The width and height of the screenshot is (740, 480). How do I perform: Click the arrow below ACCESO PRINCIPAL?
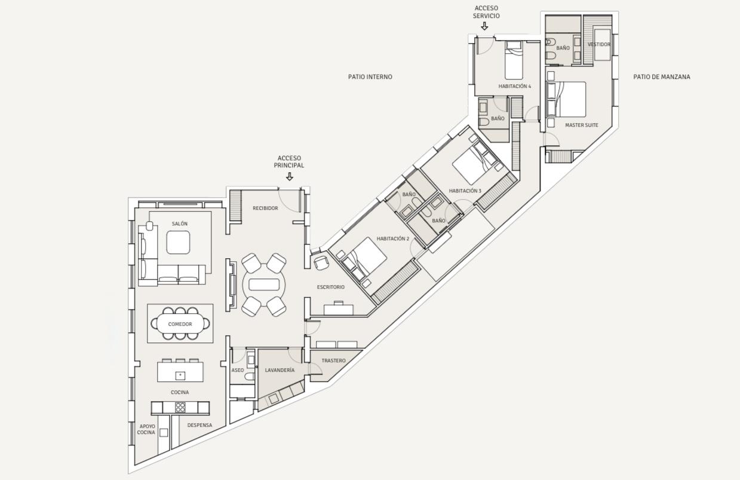point(290,176)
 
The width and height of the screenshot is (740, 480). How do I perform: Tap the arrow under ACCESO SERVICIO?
point(484,26)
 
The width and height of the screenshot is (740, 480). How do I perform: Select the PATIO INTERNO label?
point(370,77)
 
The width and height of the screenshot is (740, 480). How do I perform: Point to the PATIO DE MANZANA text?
point(661,77)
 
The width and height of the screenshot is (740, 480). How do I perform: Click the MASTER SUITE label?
point(582,126)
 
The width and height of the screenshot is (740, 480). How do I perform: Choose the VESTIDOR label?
point(599,44)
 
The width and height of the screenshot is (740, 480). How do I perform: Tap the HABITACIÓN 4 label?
point(515,86)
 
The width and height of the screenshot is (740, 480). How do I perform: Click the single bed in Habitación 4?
point(514,60)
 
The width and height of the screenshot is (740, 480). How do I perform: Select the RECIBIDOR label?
point(265,208)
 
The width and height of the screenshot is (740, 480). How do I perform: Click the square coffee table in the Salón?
point(178,242)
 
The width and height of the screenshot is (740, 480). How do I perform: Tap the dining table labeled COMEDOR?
point(180,323)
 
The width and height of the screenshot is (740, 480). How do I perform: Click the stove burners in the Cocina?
point(180,407)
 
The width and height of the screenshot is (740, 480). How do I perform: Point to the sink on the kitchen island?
point(180,375)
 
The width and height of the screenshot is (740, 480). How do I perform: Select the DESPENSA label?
point(199,425)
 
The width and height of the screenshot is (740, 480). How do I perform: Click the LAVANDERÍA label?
point(280,370)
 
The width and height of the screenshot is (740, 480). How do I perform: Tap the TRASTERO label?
point(333,360)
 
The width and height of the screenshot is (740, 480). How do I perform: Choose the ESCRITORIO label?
point(331,288)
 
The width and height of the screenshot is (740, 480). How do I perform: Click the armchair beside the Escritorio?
point(321,263)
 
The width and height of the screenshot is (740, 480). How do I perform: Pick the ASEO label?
point(238,370)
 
